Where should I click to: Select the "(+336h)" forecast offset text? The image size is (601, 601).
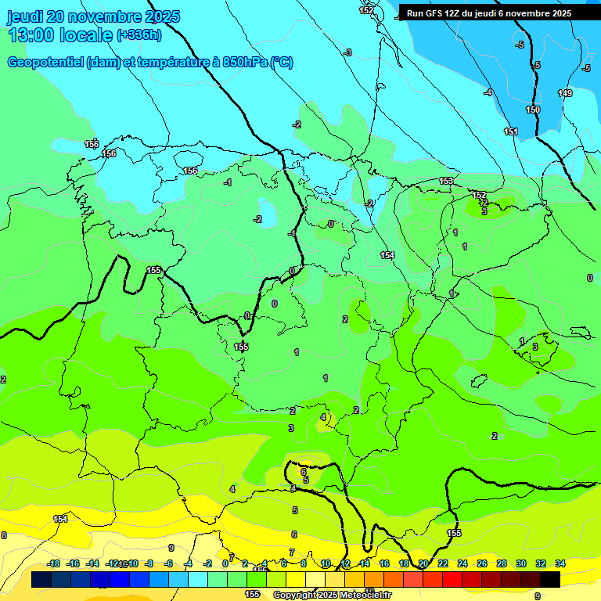[139, 35]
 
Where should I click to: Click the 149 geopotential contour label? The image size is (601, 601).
[564, 93]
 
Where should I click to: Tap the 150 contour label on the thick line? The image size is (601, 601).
[533, 110]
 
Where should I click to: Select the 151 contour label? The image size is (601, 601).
[511, 131]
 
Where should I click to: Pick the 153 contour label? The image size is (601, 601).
[446, 181]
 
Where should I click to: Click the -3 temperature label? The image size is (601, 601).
[347, 52]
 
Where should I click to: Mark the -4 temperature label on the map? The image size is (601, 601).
[488, 93]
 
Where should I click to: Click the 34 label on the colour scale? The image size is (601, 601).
[560, 563]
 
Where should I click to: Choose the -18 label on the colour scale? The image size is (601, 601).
[54, 563]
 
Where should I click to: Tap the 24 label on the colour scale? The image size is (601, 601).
[462, 563]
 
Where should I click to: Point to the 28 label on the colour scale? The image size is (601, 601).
[502, 563]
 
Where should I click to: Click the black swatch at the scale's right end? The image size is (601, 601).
[550, 579]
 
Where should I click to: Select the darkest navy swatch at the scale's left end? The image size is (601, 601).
[41, 579]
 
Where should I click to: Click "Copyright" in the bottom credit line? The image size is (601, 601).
[295, 595]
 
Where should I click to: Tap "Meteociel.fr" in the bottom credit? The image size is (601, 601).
[363, 595]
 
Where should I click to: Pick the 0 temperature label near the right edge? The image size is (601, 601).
[589, 278]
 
